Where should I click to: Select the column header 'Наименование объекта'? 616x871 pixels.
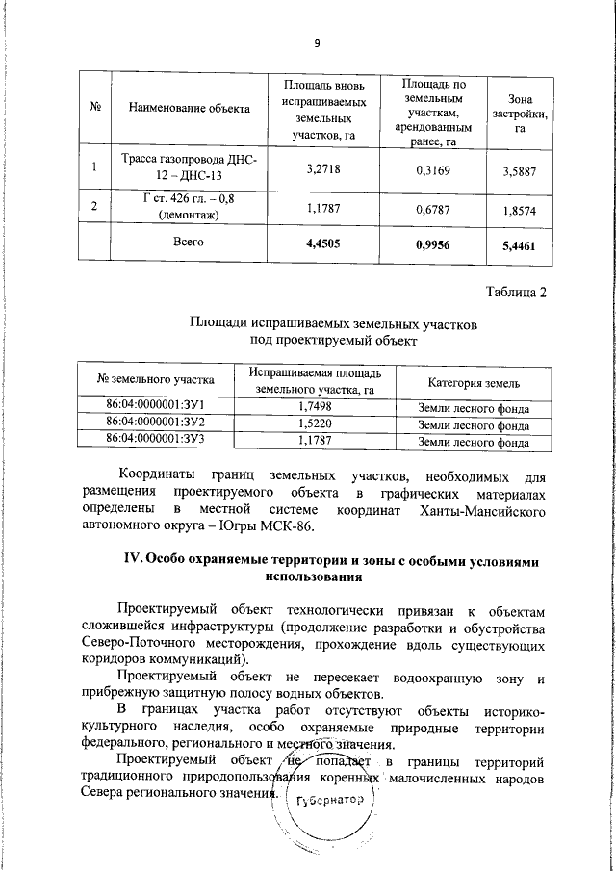pos(183,107)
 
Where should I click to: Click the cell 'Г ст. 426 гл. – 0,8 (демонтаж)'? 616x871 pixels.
pos(183,206)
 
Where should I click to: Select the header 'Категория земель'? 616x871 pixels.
pos(474,382)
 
